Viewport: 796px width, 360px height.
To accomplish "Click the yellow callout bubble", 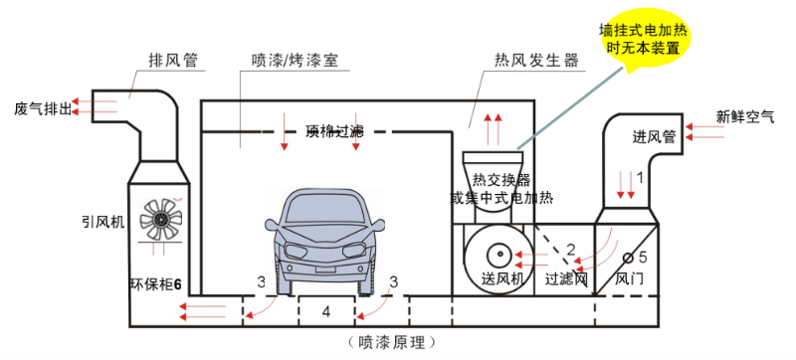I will pos(647,39).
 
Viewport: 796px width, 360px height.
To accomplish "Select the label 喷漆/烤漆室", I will pos(296,61).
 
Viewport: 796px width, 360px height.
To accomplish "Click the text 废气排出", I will pos(43,107).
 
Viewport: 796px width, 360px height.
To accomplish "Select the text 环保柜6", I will pos(155,282).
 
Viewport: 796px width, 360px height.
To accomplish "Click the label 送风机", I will pos(502,279).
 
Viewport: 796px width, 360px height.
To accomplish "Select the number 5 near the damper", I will pos(642,256).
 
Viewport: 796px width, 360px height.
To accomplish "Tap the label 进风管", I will pos(654,136).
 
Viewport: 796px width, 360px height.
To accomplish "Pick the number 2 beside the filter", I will pos(570,248).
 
